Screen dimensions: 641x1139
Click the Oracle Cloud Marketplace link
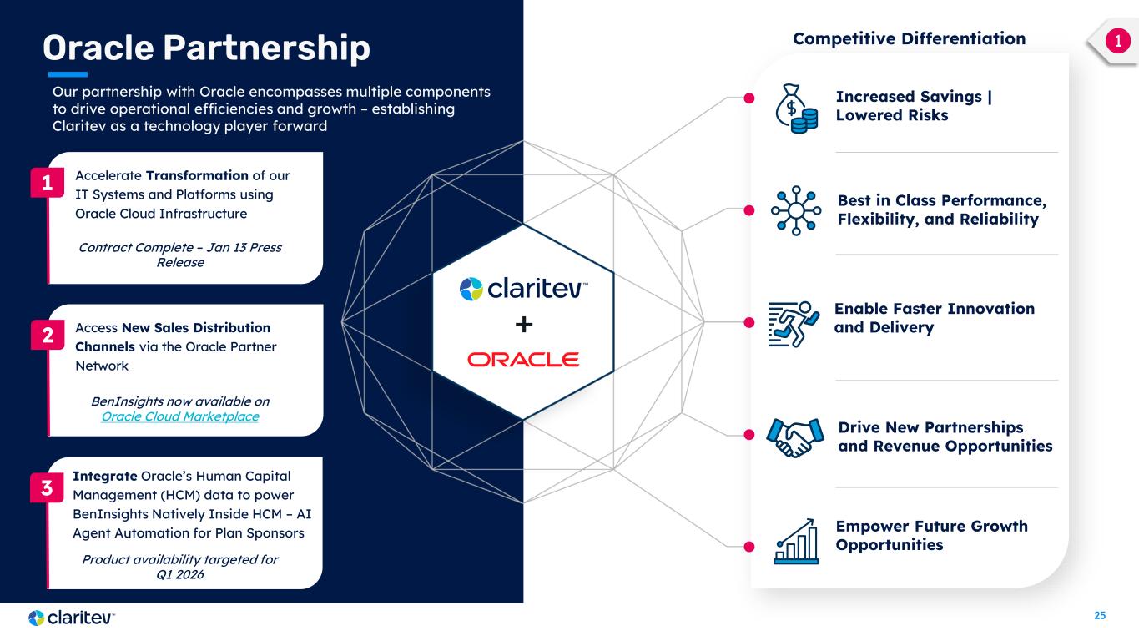click(x=179, y=416)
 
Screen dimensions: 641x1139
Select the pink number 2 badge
click(x=48, y=336)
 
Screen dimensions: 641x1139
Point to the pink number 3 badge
click(x=48, y=489)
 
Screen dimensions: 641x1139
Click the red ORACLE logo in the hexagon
click(x=523, y=359)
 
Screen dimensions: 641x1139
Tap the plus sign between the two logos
click(x=523, y=324)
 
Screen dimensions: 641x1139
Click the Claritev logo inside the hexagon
click(x=523, y=289)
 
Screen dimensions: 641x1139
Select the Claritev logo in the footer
click(x=71, y=618)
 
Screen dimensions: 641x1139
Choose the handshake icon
click(x=789, y=437)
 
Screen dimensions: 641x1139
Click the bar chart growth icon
click(x=796, y=540)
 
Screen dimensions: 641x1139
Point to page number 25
click(x=1100, y=616)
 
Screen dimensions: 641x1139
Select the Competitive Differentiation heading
click(x=909, y=38)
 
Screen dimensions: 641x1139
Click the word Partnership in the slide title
click(x=266, y=48)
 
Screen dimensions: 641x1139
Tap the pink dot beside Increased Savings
click(x=748, y=98)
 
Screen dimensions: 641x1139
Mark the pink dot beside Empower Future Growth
click(x=748, y=547)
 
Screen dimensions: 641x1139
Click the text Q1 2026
click(x=180, y=575)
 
